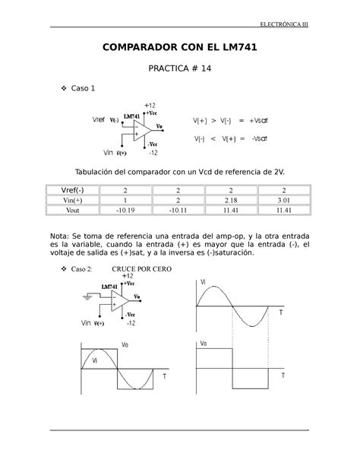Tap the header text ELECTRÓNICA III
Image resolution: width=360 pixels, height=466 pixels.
(x=294, y=24)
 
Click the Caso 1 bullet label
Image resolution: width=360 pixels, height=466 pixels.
(x=83, y=90)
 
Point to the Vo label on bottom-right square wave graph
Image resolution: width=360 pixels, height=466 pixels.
(x=204, y=344)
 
